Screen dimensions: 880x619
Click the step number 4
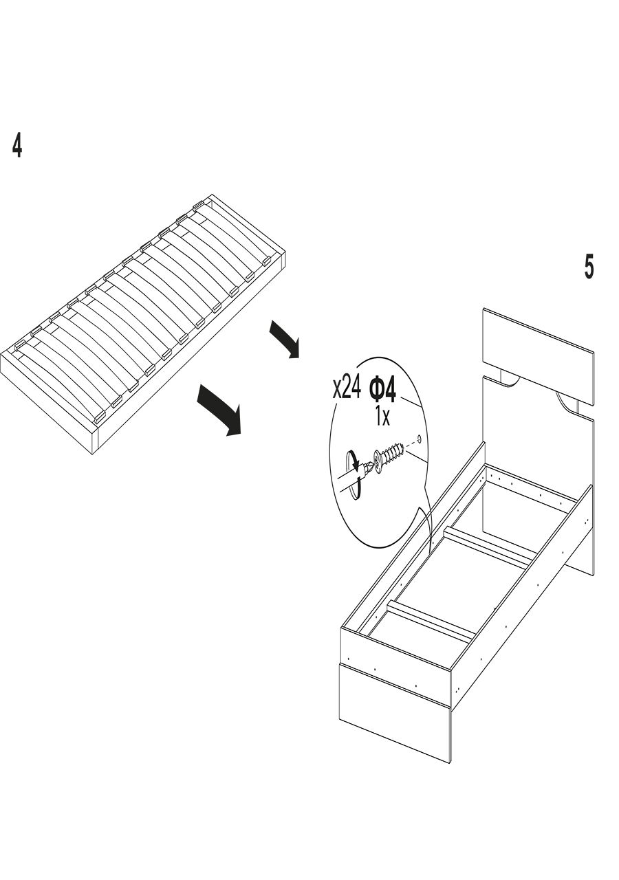point(17,146)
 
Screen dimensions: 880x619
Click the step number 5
point(589,267)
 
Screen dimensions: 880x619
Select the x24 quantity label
point(346,388)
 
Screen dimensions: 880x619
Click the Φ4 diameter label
point(383,390)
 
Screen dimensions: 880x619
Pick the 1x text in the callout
point(382,416)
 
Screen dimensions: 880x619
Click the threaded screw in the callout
point(390,454)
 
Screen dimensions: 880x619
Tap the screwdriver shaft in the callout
point(350,478)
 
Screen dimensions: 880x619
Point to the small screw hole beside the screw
point(419,438)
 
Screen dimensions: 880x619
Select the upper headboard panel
point(538,355)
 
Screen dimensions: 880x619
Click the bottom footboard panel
point(394,712)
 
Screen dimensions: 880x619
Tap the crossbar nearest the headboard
point(489,547)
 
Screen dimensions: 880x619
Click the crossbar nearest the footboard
point(431,621)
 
